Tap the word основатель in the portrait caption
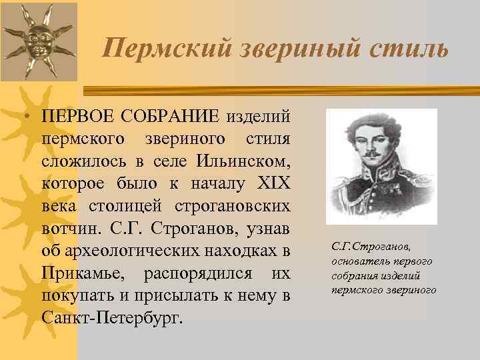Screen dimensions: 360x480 tap(361, 261)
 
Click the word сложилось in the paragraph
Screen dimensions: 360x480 tap(83, 161)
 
